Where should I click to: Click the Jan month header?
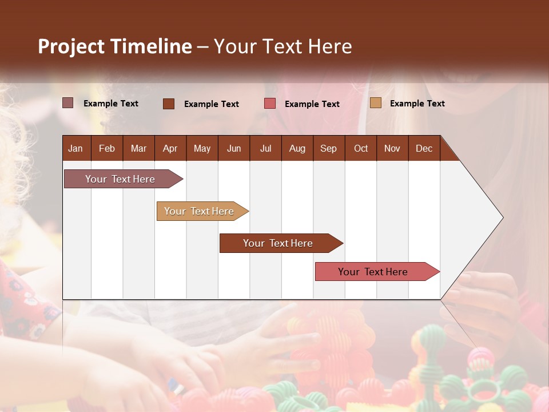(x=75, y=148)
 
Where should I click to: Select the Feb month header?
(x=107, y=148)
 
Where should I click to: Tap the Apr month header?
(x=170, y=148)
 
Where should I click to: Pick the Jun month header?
(x=234, y=148)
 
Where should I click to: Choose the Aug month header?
(x=297, y=148)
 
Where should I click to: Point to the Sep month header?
(x=328, y=148)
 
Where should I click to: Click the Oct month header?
(x=361, y=148)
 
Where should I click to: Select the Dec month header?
(x=424, y=148)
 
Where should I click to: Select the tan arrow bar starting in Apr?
(x=200, y=211)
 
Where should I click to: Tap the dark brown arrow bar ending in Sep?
(x=279, y=243)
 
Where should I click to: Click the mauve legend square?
(x=68, y=103)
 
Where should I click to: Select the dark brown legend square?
(x=169, y=104)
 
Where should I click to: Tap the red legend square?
(x=270, y=104)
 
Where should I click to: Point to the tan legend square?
(x=376, y=103)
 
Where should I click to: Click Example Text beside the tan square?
(x=417, y=104)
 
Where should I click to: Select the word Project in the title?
(x=71, y=46)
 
